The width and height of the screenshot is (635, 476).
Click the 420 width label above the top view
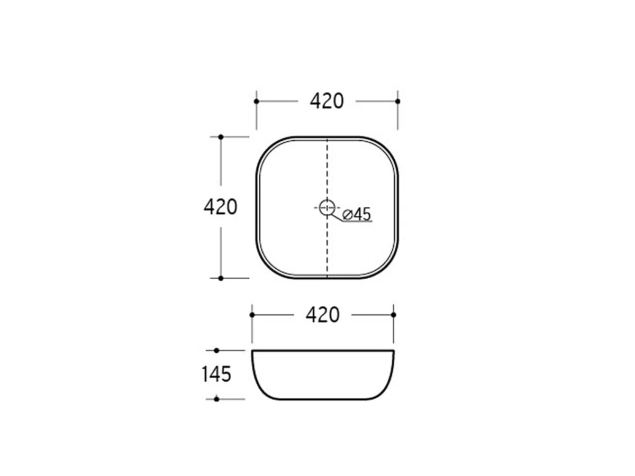[x=326, y=101]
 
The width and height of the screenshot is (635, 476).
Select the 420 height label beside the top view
[x=221, y=207]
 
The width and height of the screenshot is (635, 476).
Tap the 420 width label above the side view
[x=323, y=315]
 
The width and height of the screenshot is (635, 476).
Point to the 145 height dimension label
[x=216, y=374]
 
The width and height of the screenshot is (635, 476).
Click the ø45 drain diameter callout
[x=357, y=214]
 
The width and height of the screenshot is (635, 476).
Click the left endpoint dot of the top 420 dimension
[x=256, y=101]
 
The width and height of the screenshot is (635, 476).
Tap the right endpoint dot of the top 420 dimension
[x=397, y=101]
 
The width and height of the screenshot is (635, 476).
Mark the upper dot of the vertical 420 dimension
[x=221, y=136]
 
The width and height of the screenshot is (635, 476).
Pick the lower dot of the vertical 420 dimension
[x=221, y=278]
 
